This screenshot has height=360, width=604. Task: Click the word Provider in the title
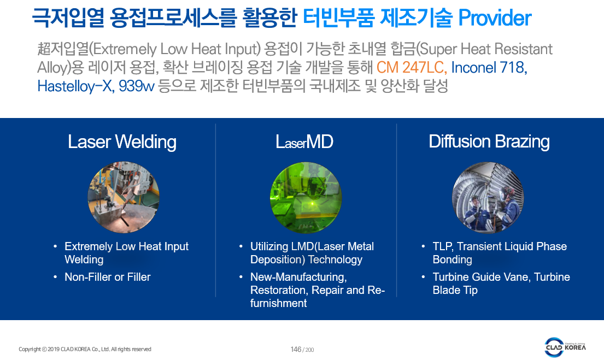(495, 18)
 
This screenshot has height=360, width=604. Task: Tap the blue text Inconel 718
(489, 67)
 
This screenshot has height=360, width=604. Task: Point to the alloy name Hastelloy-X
(75, 86)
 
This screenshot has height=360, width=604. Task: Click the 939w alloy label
(136, 86)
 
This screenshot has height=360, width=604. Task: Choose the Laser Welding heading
(122, 141)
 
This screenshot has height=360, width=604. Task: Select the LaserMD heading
(304, 141)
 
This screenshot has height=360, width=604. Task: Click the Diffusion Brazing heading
(489, 141)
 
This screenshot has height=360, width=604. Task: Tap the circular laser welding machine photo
(124, 197)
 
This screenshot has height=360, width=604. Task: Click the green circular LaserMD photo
(306, 197)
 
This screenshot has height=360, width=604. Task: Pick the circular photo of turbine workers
(488, 198)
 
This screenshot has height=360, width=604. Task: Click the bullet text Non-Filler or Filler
(108, 277)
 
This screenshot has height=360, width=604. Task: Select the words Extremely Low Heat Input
(127, 246)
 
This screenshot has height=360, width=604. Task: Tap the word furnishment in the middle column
(279, 303)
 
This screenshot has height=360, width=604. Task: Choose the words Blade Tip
(455, 290)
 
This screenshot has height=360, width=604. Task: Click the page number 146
(296, 349)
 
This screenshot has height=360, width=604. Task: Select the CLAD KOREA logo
(565, 347)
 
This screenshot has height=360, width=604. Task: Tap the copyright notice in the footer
(85, 349)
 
